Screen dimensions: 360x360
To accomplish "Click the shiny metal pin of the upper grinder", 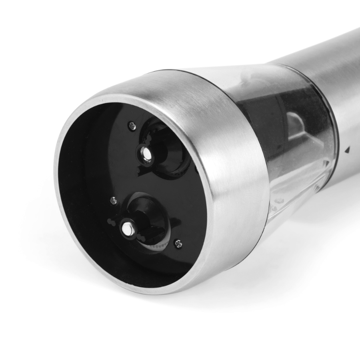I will pyautogui.click(x=145, y=154).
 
